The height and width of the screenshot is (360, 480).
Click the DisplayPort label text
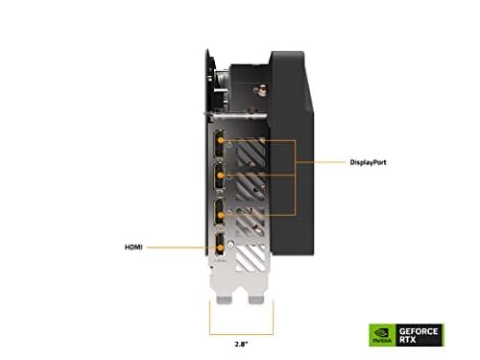348,162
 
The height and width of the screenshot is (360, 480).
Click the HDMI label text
135,245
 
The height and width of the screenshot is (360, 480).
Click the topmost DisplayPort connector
220,141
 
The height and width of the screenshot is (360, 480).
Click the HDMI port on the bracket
220,245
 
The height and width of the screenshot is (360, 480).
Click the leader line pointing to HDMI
182,245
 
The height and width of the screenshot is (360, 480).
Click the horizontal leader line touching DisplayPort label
312,162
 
